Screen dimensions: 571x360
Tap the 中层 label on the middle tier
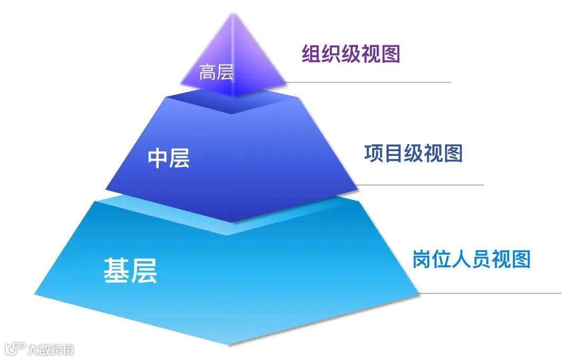(x=168, y=158)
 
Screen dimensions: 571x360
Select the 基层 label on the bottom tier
(x=130, y=271)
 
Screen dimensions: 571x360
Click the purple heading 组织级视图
(x=351, y=54)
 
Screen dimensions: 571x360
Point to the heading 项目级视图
(x=413, y=153)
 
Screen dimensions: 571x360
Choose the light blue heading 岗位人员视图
(x=471, y=259)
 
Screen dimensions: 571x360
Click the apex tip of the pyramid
(x=233, y=14)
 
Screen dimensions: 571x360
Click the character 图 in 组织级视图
(x=390, y=54)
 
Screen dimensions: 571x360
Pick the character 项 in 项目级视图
(x=374, y=153)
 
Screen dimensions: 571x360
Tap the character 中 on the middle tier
(x=158, y=158)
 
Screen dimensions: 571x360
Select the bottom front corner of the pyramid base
(x=230, y=344)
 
